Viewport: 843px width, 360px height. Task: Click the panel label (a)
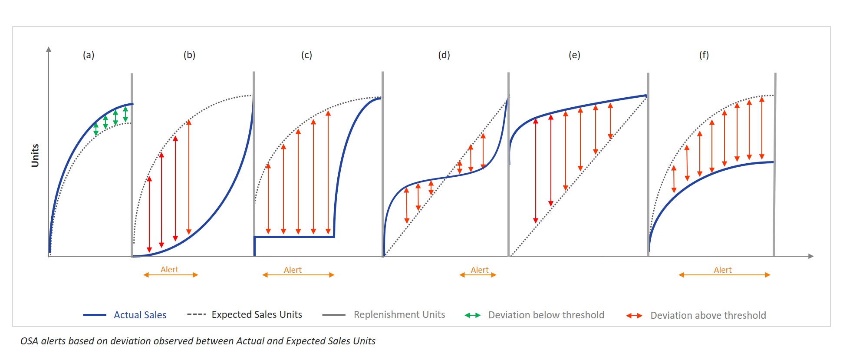click(89, 55)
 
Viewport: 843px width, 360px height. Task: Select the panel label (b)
click(189, 55)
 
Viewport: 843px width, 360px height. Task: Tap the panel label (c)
click(306, 55)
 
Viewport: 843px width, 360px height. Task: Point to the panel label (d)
click(444, 55)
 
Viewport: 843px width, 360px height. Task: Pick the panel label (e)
click(574, 55)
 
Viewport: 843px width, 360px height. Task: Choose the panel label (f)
click(704, 55)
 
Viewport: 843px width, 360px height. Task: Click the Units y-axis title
click(35, 155)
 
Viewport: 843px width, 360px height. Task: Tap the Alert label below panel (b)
click(169, 270)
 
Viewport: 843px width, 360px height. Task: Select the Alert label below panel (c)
click(293, 270)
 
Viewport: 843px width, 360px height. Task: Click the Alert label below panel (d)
click(480, 270)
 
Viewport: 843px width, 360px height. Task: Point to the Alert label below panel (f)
click(723, 270)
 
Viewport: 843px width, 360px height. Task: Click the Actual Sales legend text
click(140, 315)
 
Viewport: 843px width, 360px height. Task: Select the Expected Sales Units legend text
click(257, 315)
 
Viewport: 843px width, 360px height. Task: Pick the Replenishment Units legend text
click(399, 315)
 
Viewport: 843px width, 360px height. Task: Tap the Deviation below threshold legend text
click(546, 315)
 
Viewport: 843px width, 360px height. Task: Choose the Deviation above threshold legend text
click(708, 316)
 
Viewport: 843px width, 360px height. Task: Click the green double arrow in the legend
click(472, 315)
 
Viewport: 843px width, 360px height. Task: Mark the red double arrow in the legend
click(634, 316)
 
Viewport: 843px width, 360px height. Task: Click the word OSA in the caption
click(30, 341)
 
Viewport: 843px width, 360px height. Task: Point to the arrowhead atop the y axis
click(49, 50)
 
